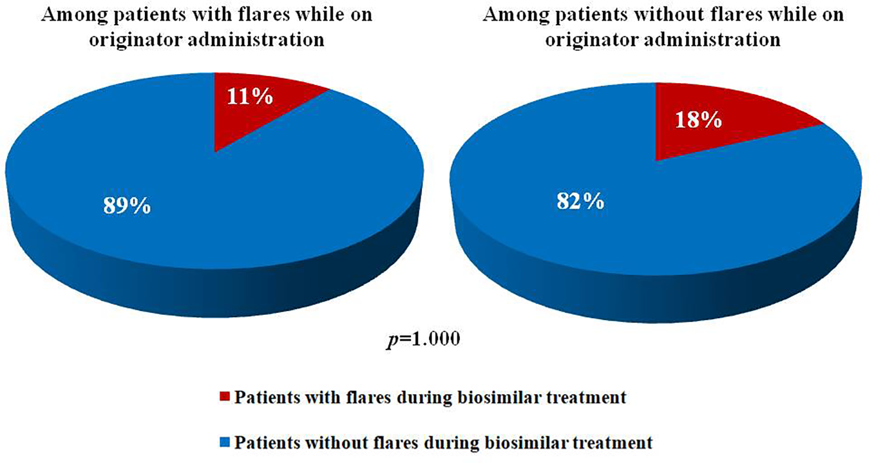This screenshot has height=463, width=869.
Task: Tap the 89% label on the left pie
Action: [x=127, y=205]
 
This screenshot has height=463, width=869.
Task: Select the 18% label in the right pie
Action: [x=698, y=119]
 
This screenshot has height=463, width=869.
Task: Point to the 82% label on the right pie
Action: [x=581, y=201]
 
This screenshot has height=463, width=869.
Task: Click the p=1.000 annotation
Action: [x=423, y=338]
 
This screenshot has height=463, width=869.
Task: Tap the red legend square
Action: [x=225, y=397]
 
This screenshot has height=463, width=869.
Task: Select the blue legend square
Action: [x=225, y=442]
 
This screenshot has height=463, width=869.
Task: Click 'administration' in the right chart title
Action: [x=713, y=39]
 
